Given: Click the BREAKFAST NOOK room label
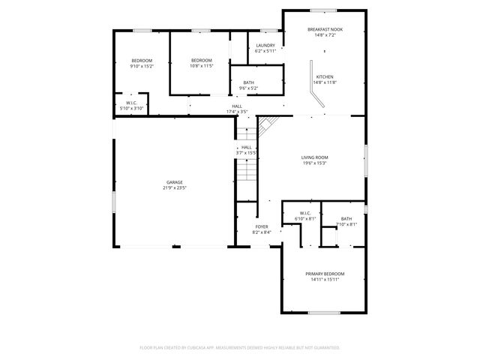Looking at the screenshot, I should (325, 29).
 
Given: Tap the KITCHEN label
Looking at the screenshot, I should (325, 77).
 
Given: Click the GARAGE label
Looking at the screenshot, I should (175, 182).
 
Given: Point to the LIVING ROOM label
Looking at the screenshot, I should (315, 157).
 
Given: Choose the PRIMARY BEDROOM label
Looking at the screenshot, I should (325, 274).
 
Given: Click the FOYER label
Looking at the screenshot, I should (262, 226).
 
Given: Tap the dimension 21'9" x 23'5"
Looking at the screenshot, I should (175, 188).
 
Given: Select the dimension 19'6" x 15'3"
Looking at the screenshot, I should (315, 163).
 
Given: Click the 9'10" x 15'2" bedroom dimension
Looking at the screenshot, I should (142, 66).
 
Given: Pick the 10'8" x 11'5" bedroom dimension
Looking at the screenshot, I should (202, 66).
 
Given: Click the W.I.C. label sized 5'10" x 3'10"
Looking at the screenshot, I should (131, 105).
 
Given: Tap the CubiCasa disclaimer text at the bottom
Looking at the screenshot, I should (240, 347).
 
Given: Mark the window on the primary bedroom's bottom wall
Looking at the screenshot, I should (325, 312).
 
